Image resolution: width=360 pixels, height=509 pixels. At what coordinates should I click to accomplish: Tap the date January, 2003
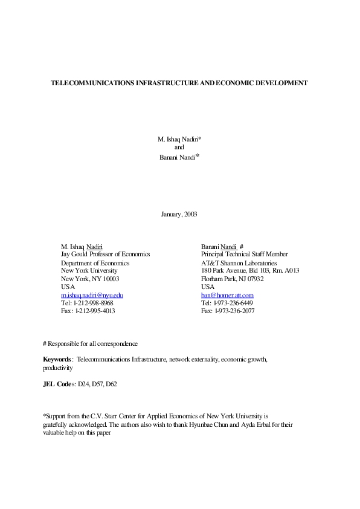point(179,214)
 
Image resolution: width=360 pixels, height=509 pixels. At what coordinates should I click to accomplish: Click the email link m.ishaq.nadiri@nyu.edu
point(92,295)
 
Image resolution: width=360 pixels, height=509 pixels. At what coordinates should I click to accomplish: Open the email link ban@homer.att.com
point(227,295)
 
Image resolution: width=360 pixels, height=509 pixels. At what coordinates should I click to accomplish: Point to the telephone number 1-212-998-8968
point(94,303)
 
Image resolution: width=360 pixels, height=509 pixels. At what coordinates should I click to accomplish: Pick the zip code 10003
point(109,279)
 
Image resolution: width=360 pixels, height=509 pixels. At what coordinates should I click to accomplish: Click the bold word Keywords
point(57,359)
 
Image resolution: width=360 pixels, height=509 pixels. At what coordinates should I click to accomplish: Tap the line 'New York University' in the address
point(89,271)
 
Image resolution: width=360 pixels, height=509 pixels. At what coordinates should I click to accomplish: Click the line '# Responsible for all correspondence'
point(90,343)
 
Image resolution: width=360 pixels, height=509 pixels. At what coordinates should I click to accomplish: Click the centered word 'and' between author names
point(179,147)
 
